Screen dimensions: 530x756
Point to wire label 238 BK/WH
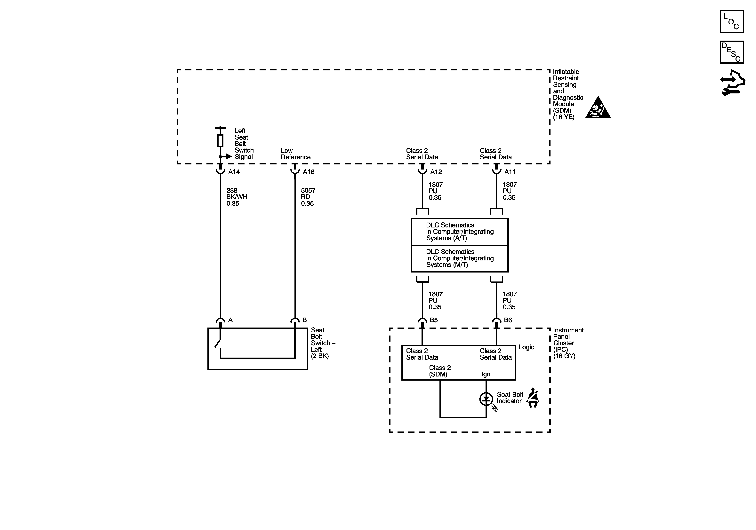pyautogui.click(x=236, y=197)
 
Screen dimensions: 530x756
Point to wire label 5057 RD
pyautogui.click(x=308, y=197)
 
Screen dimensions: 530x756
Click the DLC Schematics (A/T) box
pyautogui.click(x=459, y=232)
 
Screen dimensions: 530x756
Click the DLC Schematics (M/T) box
pyautogui.click(x=459, y=258)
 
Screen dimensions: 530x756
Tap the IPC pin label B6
pyautogui.click(x=508, y=320)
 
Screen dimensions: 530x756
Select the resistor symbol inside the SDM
pyautogui.click(x=220, y=141)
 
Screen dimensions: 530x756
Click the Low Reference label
pyautogui.click(x=295, y=154)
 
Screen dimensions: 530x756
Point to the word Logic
pyautogui.click(x=526, y=347)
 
